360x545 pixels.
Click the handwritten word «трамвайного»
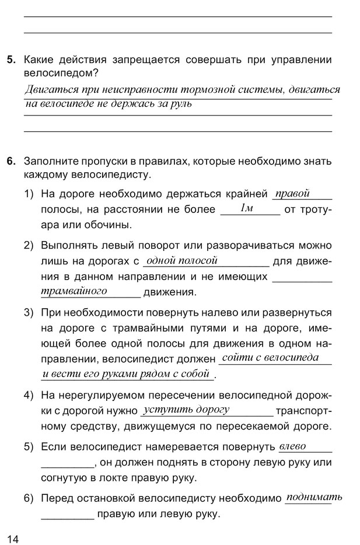point(74,290)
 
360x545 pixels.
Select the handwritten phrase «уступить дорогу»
point(186,410)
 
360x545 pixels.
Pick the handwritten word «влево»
point(292,446)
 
